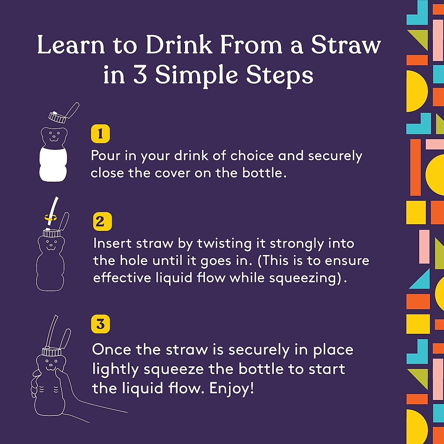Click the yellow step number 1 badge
100,134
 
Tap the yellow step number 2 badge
102,222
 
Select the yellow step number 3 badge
100,324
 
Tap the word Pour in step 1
106,156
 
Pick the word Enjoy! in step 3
232,388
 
